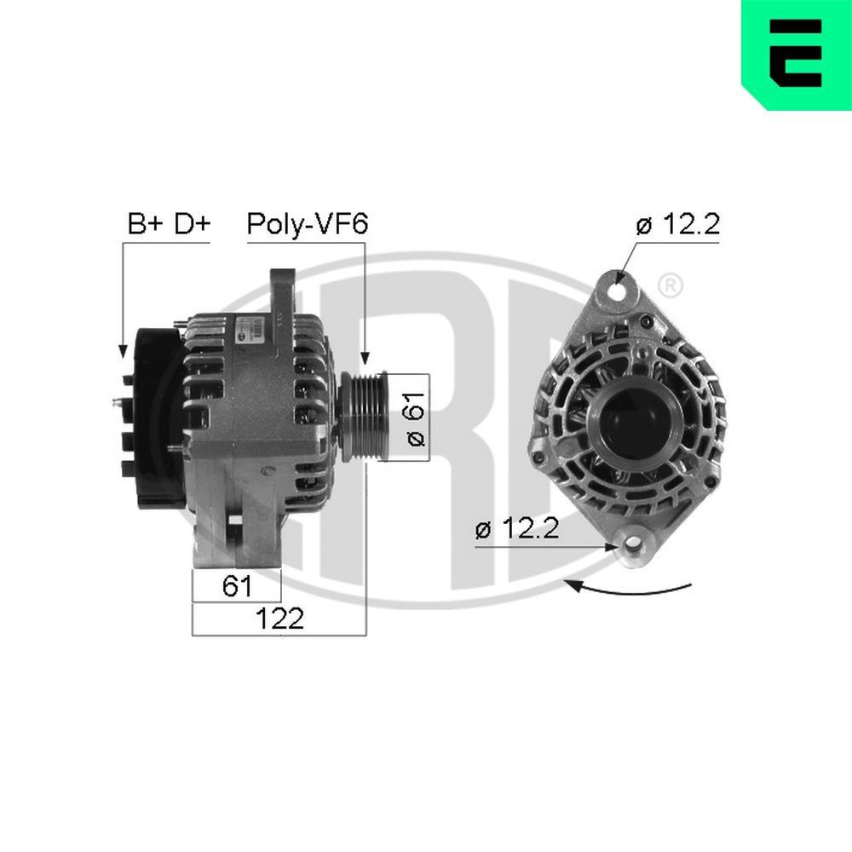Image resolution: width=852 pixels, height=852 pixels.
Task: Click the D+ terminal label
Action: [192, 224]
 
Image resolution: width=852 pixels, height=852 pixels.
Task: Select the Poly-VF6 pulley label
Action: [307, 224]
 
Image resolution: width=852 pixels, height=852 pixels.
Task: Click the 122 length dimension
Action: [279, 619]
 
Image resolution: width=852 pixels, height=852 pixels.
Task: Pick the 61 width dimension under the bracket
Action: [236, 585]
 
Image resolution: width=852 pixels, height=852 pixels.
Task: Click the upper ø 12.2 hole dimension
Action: [678, 225]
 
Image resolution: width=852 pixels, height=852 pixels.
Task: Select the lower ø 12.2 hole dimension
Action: [516, 529]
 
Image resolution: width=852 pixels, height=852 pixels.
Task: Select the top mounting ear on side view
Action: [281, 294]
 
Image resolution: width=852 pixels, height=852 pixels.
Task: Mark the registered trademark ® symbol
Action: [671, 285]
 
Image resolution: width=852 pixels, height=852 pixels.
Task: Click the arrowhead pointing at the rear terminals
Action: [123, 350]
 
